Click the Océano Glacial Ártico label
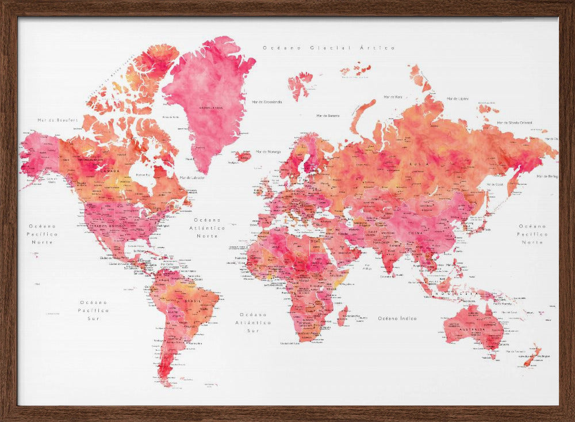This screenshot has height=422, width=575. (x=329, y=48)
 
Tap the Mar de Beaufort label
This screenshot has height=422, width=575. (x=49, y=120)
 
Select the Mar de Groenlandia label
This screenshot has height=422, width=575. (x=267, y=102)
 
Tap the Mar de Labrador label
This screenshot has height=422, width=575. (x=191, y=177)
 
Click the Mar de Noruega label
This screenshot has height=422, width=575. (x=269, y=151)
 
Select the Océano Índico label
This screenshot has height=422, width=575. (x=397, y=318)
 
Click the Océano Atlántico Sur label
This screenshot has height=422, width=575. (x=254, y=322)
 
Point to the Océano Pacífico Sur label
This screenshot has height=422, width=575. (x=94, y=310)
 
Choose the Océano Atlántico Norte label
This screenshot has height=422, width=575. (x=208, y=228)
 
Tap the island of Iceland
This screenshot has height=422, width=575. (x=244, y=155)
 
